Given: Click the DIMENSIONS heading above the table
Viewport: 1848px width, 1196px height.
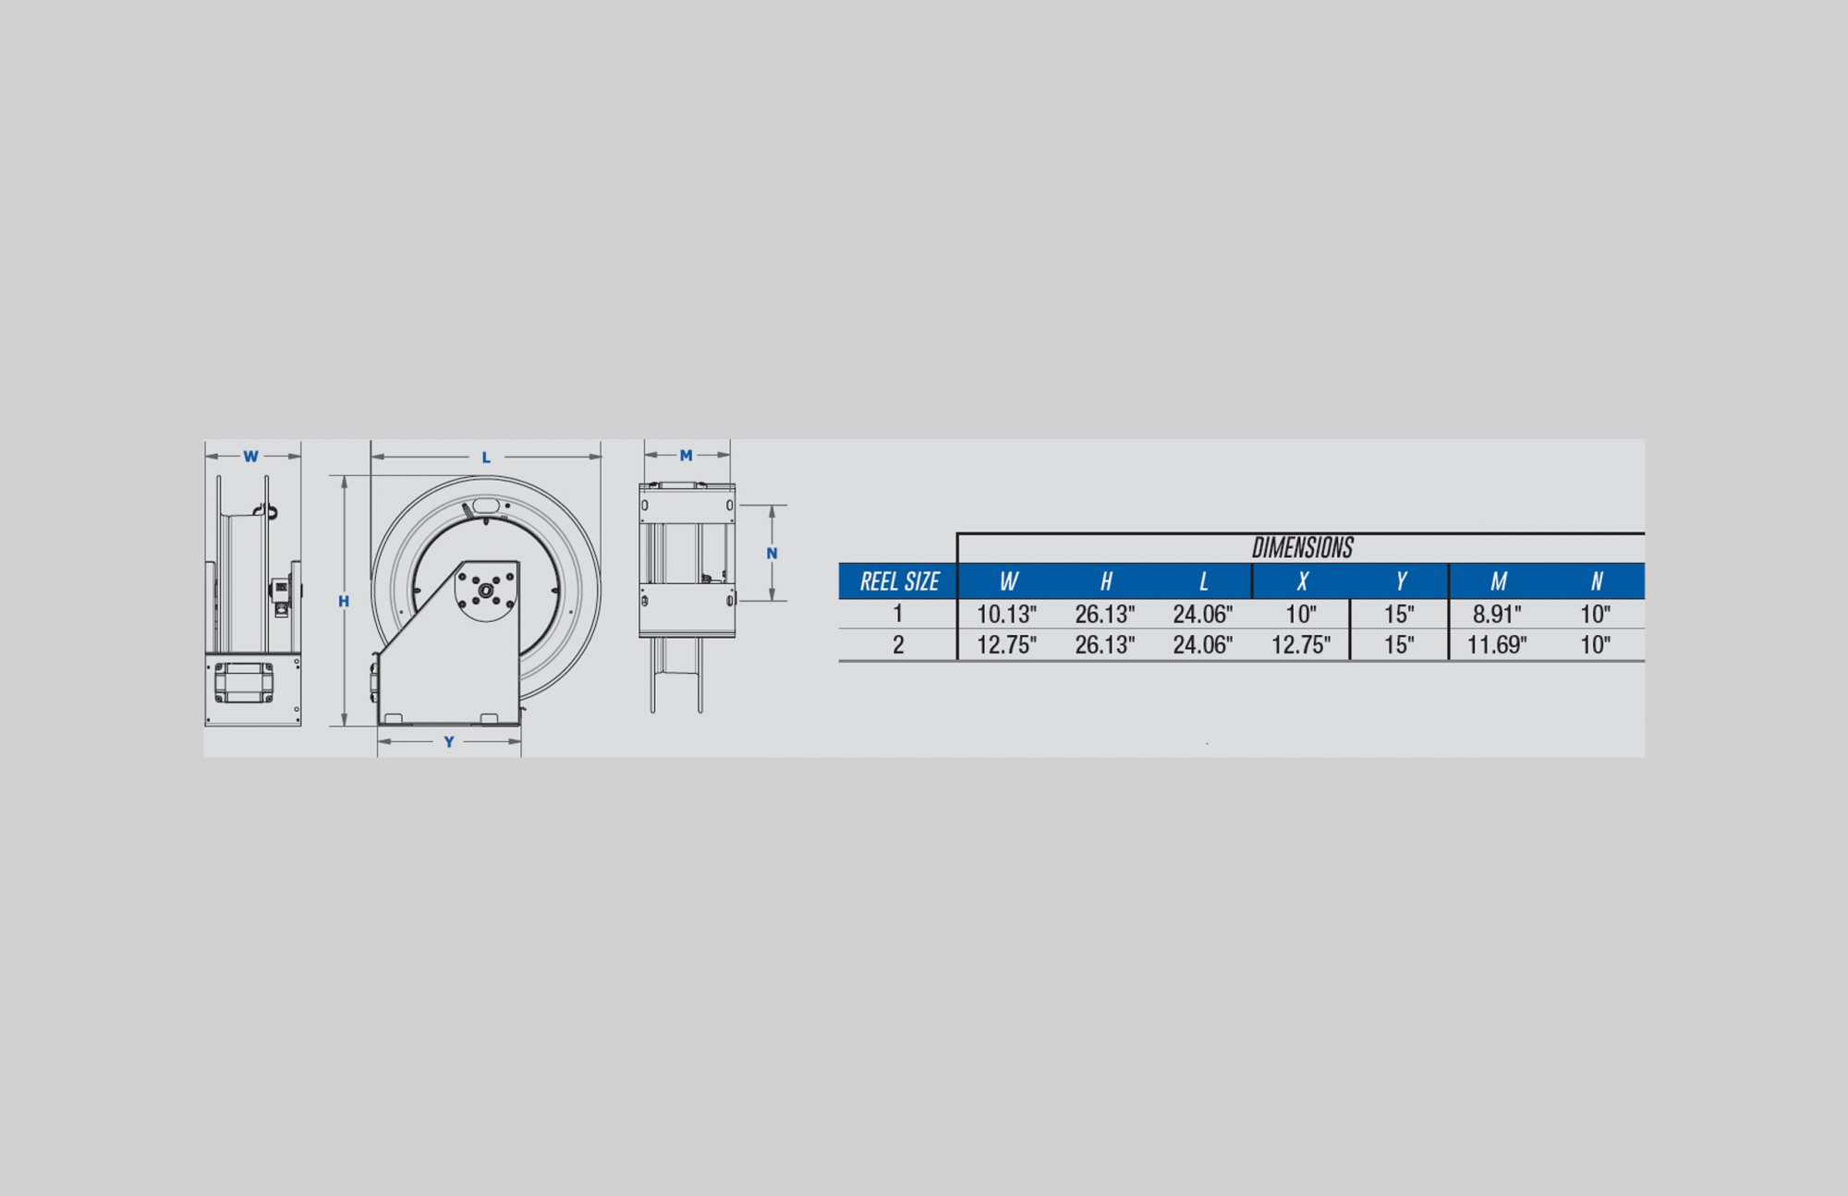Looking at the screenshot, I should click(x=1302, y=548).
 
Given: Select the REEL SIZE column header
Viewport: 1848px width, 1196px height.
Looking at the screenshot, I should click(x=899, y=581).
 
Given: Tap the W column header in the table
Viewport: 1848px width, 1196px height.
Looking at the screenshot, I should click(x=1008, y=581).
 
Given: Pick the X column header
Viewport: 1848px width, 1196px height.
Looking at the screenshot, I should click(x=1302, y=581).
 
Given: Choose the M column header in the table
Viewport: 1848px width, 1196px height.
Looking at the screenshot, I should click(x=1498, y=581).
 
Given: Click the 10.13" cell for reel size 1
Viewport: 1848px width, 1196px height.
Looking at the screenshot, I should click(x=1006, y=614).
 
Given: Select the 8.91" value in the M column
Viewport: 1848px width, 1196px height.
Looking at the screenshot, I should click(x=1497, y=614).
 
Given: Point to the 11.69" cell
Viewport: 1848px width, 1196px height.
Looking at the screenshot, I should click(x=1497, y=645).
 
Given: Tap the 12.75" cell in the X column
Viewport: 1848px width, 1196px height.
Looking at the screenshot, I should click(x=1300, y=645).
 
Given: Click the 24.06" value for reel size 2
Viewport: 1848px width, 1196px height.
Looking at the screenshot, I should click(x=1202, y=645).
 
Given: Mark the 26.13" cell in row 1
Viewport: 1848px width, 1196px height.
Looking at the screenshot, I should click(x=1104, y=614).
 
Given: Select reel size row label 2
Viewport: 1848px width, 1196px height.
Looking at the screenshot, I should click(x=898, y=645).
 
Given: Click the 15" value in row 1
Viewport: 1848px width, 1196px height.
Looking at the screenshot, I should click(x=1399, y=614).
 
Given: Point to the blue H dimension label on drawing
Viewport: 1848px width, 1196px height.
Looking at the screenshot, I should click(x=344, y=602).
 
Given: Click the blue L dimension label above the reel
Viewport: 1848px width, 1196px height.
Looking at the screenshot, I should click(x=486, y=458).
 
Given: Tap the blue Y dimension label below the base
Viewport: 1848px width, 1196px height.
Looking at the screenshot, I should click(x=449, y=742).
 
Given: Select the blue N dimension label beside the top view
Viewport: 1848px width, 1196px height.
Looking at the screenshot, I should click(x=772, y=554).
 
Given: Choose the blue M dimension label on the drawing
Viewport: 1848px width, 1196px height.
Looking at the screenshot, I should click(x=686, y=456).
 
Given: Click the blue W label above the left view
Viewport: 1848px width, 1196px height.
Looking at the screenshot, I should click(x=250, y=457).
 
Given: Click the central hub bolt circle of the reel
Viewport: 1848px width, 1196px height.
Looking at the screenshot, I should click(x=486, y=590).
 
